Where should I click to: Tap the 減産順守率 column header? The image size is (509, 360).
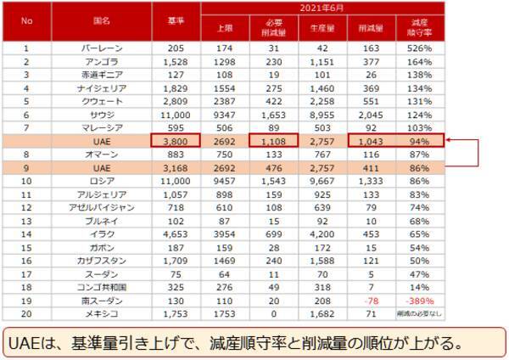(417, 26)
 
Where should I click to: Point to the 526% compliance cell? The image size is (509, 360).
(417, 48)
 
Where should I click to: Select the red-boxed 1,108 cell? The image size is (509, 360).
(274, 141)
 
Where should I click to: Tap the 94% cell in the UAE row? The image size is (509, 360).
(417, 141)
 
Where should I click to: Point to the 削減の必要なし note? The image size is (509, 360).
(417, 312)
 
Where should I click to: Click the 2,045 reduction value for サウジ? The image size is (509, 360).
(369, 114)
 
